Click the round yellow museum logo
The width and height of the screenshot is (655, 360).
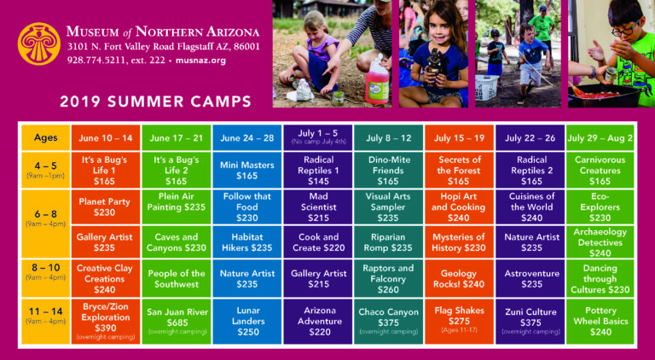pyautogui.click(x=39, y=44)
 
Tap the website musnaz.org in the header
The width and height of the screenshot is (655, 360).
pyautogui.click(x=200, y=60)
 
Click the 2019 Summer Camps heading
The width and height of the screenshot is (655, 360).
pyautogui.click(x=155, y=102)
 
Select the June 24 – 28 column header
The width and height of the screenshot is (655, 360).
pyautogui.click(x=247, y=138)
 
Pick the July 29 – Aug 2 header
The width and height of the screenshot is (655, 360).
pyautogui.click(x=600, y=138)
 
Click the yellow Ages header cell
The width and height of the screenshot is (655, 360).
pyautogui.click(x=45, y=138)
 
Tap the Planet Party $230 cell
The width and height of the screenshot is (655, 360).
pyautogui.click(x=105, y=206)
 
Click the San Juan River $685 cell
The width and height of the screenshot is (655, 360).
pyautogui.click(x=177, y=321)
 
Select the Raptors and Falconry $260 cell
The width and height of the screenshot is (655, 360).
pyautogui.click(x=388, y=279)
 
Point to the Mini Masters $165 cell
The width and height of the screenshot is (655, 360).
pyautogui.click(x=247, y=170)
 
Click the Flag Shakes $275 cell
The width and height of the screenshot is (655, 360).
pyautogui.click(x=459, y=321)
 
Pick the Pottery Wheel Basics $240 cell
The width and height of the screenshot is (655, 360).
pyautogui.click(x=600, y=321)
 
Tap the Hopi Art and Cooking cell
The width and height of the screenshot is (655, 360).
pyautogui.click(x=459, y=206)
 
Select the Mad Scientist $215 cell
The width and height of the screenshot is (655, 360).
pyautogui.click(x=318, y=206)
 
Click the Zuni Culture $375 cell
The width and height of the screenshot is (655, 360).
pyautogui.click(x=530, y=321)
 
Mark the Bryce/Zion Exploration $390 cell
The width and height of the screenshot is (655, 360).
pyautogui.click(x=105, y=321)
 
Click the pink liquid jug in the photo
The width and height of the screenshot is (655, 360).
pyautogui.click(x=377, y=80)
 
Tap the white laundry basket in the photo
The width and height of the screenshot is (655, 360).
pyautogui.click(x=487, y=87)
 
